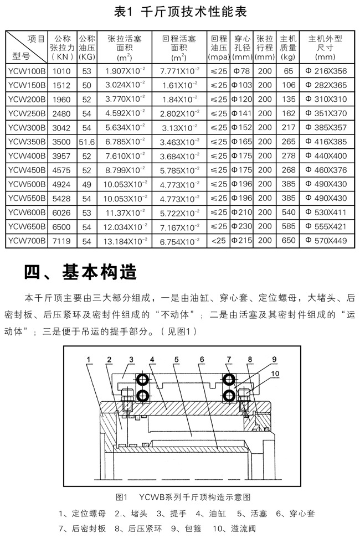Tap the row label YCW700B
click(27, 241)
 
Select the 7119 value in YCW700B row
click(61, 241)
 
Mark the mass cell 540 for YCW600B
click(287, 212)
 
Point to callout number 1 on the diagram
click(88, 360)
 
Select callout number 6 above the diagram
click(202, 360)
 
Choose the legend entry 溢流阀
click(246, 528)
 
